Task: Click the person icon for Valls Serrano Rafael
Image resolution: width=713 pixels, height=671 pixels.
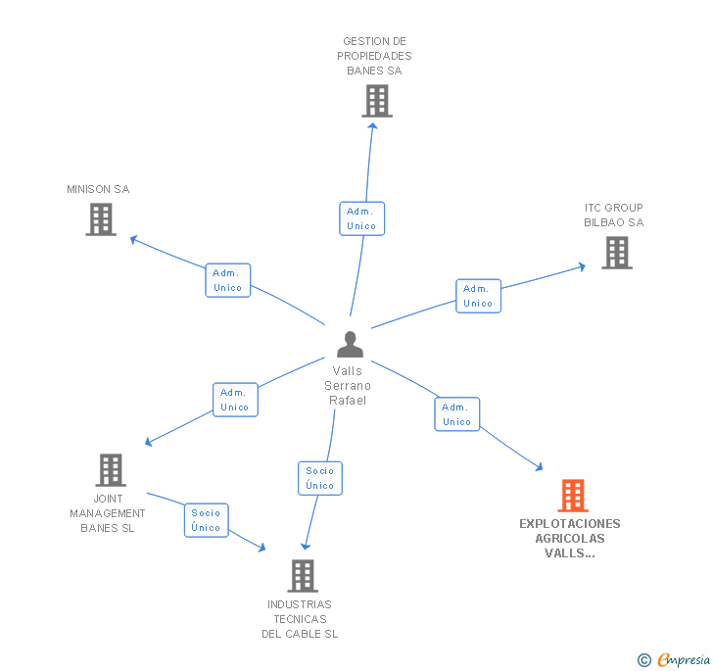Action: click(350, 345)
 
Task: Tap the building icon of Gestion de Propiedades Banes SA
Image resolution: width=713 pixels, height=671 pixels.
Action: click(376, 101)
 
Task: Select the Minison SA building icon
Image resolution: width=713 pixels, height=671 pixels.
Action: click(101, 219)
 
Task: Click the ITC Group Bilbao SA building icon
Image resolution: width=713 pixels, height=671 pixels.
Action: click(616, 253)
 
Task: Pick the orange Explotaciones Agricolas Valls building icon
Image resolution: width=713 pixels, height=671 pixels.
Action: click(573, 496)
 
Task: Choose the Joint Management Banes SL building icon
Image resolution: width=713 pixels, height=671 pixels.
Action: click(111, 470)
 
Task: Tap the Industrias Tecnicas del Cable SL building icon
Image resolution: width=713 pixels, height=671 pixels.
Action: click(303, 576)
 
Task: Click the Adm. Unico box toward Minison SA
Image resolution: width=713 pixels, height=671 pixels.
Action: click(228, 280)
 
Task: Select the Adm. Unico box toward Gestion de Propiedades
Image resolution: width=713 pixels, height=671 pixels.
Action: click(361, 218)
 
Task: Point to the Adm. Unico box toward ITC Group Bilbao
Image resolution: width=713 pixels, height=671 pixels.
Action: click(478, 296)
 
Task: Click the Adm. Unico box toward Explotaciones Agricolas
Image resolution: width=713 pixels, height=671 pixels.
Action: click(456, 414)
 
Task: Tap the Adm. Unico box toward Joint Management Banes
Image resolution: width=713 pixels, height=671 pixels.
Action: click(235, 400)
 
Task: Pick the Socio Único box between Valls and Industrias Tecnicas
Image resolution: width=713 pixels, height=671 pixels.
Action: click(320, 478)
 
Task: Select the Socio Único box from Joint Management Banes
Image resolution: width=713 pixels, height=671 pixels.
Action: click(207, 520)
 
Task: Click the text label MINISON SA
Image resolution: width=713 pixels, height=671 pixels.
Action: click(98, 189)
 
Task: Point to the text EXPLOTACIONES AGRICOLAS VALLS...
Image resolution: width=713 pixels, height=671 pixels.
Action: click(570, 538)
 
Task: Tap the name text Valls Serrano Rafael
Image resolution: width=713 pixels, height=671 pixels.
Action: click(348, 385)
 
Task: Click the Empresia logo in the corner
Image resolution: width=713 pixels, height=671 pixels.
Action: click(675, 659)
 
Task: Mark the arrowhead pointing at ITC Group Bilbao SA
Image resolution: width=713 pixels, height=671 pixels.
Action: click(582, 264)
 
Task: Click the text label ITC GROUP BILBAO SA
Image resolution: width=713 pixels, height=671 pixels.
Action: click(614, 215)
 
